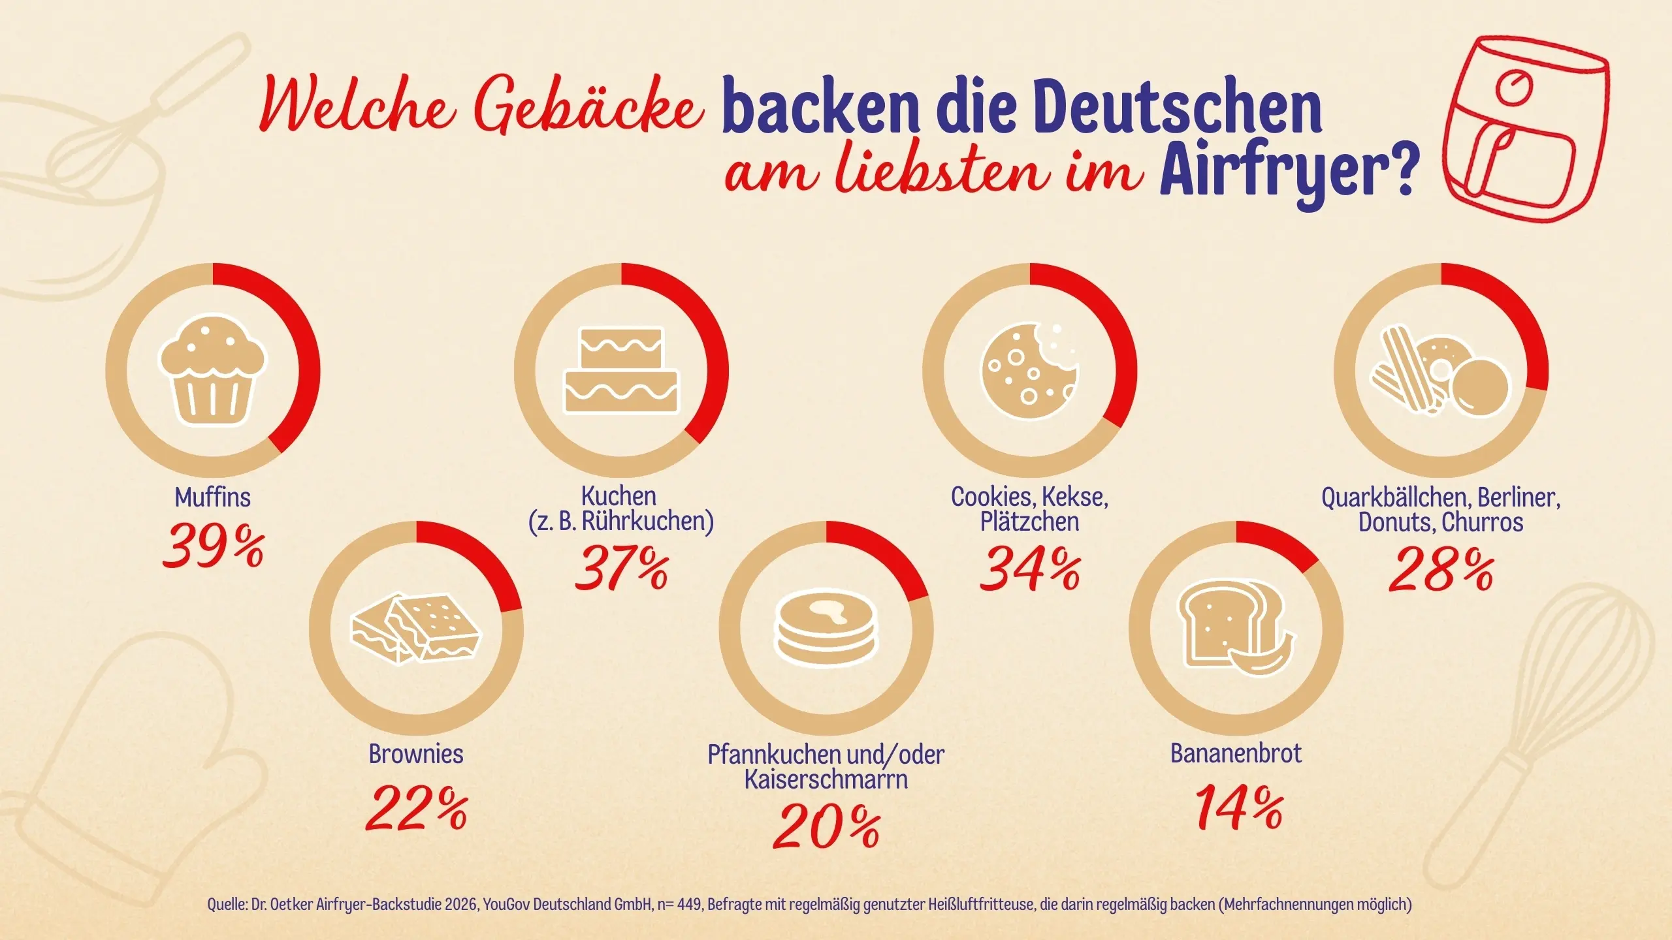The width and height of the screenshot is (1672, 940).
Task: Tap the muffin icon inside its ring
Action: pyautogui.click(x=212, y=371)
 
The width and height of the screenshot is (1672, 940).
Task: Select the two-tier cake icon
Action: pyautogui.click(x=621, y=371)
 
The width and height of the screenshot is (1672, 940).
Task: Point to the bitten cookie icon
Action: pyautogui.click(x=1029, y=371)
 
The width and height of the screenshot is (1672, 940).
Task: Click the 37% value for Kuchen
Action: pyautogui.click(x=621, y=569)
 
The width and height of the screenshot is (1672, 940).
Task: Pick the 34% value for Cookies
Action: pyautogui.click(x=1029, y=569)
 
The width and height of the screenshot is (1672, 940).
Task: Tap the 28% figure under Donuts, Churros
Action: pyautogui.click(x=1440, y=571)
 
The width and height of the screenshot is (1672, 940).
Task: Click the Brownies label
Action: pyautogui.click(x=416, y=754)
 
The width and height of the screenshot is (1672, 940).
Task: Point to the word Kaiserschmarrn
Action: pyautogui.click(x=826, y=779)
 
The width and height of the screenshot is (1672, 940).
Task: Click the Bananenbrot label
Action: pyautogui.click(x=1235, y=753)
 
